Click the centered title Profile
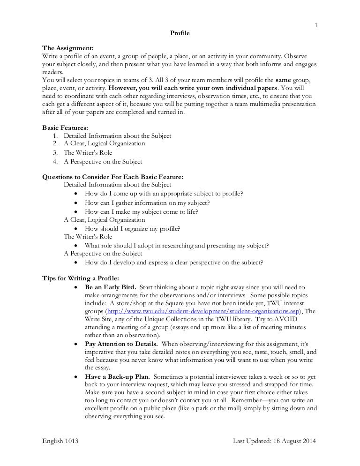[180, 33]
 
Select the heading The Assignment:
[68, 48]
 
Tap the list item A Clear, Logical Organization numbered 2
[105, 143]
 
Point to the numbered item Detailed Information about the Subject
[118, 135]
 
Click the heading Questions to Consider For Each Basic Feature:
[113, 177]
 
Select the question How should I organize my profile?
[133, 228]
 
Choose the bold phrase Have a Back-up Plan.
[117, 376]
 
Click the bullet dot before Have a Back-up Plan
[76, 376]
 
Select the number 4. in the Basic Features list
[56, 162]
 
